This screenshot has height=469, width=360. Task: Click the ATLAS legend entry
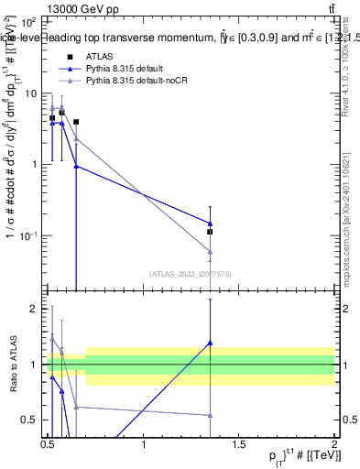point(99,57)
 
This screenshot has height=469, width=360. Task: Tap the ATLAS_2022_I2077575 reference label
point(190,273)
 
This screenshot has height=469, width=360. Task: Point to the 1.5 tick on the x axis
point(238,443)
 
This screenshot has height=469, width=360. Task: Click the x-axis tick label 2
point(333,443)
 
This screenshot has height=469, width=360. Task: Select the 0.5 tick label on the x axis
point(48,443)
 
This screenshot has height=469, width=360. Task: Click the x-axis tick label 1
point(144,443)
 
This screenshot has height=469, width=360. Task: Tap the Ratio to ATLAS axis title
point(13,364)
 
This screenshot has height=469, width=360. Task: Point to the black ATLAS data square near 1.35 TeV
point(210,232)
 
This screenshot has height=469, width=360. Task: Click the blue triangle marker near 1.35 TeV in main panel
point(210,224)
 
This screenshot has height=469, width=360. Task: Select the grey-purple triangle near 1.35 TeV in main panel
point(210,252)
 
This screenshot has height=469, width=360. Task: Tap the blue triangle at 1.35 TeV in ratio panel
point(210,343)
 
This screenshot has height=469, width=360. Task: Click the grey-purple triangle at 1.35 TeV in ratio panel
point(210,415)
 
